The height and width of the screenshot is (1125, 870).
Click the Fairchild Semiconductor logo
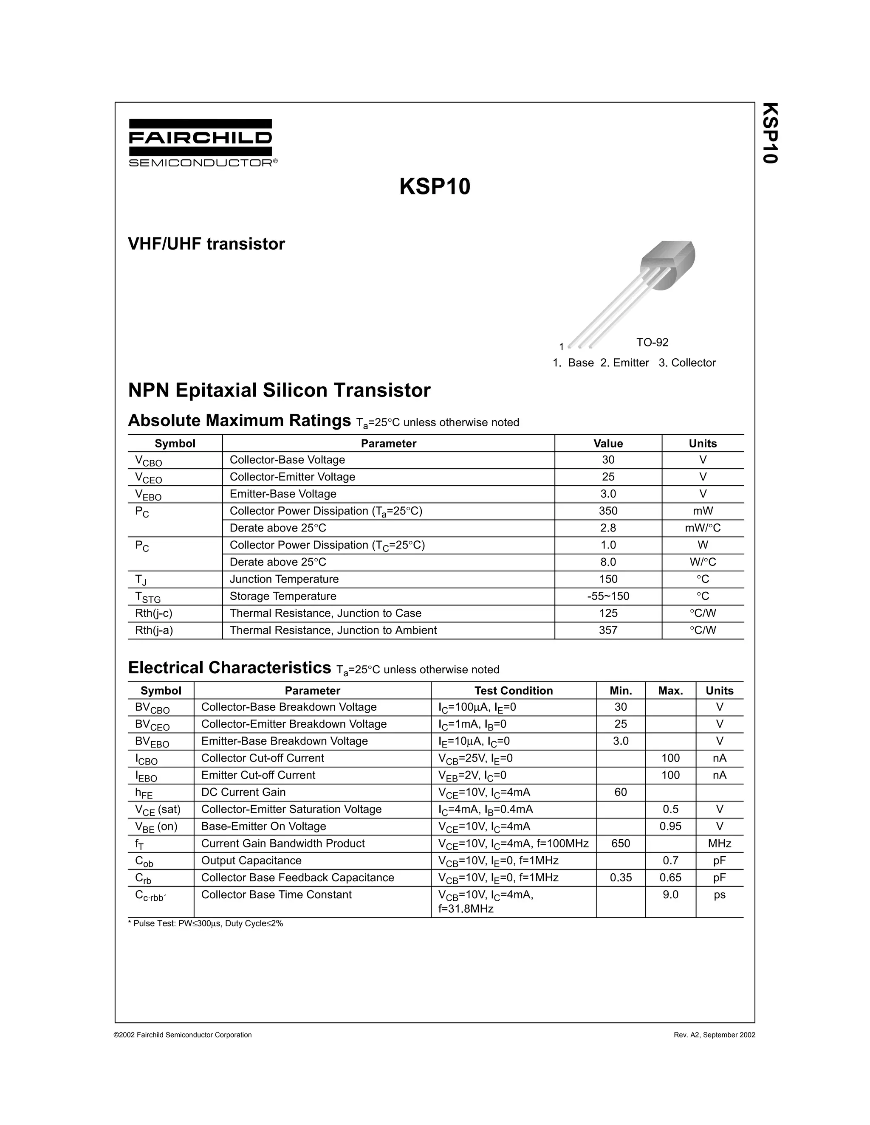(x=201, y=143)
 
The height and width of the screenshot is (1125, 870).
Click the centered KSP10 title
(x=435, y=186)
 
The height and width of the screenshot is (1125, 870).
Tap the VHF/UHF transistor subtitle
(x=206, y=244)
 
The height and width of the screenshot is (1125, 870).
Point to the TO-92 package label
(x=652, y=343)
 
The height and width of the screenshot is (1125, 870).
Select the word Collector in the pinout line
(x=693, y=363)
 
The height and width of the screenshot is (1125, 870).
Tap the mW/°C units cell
(x=703, y=528)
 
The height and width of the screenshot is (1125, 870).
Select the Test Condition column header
(x=513, y=691)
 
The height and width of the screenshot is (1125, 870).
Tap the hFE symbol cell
(x=144, y=793)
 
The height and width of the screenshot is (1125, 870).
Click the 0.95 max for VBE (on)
(x=670, y=826)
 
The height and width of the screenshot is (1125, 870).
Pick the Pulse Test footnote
(x=205, y=924)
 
